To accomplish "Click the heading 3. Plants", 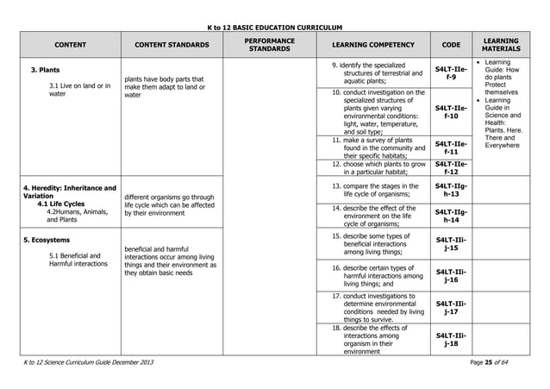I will pos(45,69).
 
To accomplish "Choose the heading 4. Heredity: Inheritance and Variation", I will pos(69,192).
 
